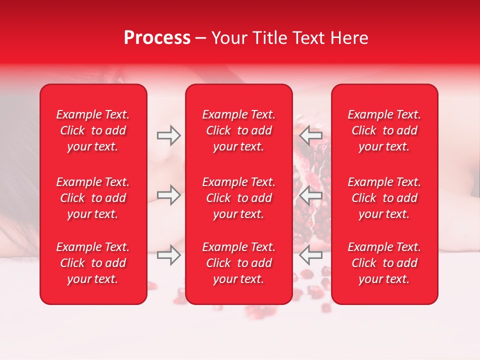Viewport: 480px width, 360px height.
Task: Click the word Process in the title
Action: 157,38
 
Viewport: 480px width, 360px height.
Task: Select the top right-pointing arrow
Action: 169,135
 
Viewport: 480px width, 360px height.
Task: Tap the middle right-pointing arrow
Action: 169,195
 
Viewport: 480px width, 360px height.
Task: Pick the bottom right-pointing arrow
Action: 169,255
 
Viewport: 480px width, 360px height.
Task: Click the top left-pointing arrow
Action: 310,135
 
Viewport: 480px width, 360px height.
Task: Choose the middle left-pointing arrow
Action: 310,195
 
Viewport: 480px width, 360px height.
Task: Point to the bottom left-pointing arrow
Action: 310,255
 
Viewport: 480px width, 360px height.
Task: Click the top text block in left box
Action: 93,130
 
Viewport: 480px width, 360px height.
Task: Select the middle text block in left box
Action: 93,198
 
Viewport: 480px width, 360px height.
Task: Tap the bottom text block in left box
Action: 93,263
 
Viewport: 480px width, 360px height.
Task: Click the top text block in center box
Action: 239,130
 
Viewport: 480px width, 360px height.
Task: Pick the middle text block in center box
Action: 239,198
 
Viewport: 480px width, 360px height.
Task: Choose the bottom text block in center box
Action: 239,263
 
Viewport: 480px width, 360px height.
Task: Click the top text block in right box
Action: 384,130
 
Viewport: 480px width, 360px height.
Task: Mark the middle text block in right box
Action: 384,198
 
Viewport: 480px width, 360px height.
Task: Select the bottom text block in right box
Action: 384,263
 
